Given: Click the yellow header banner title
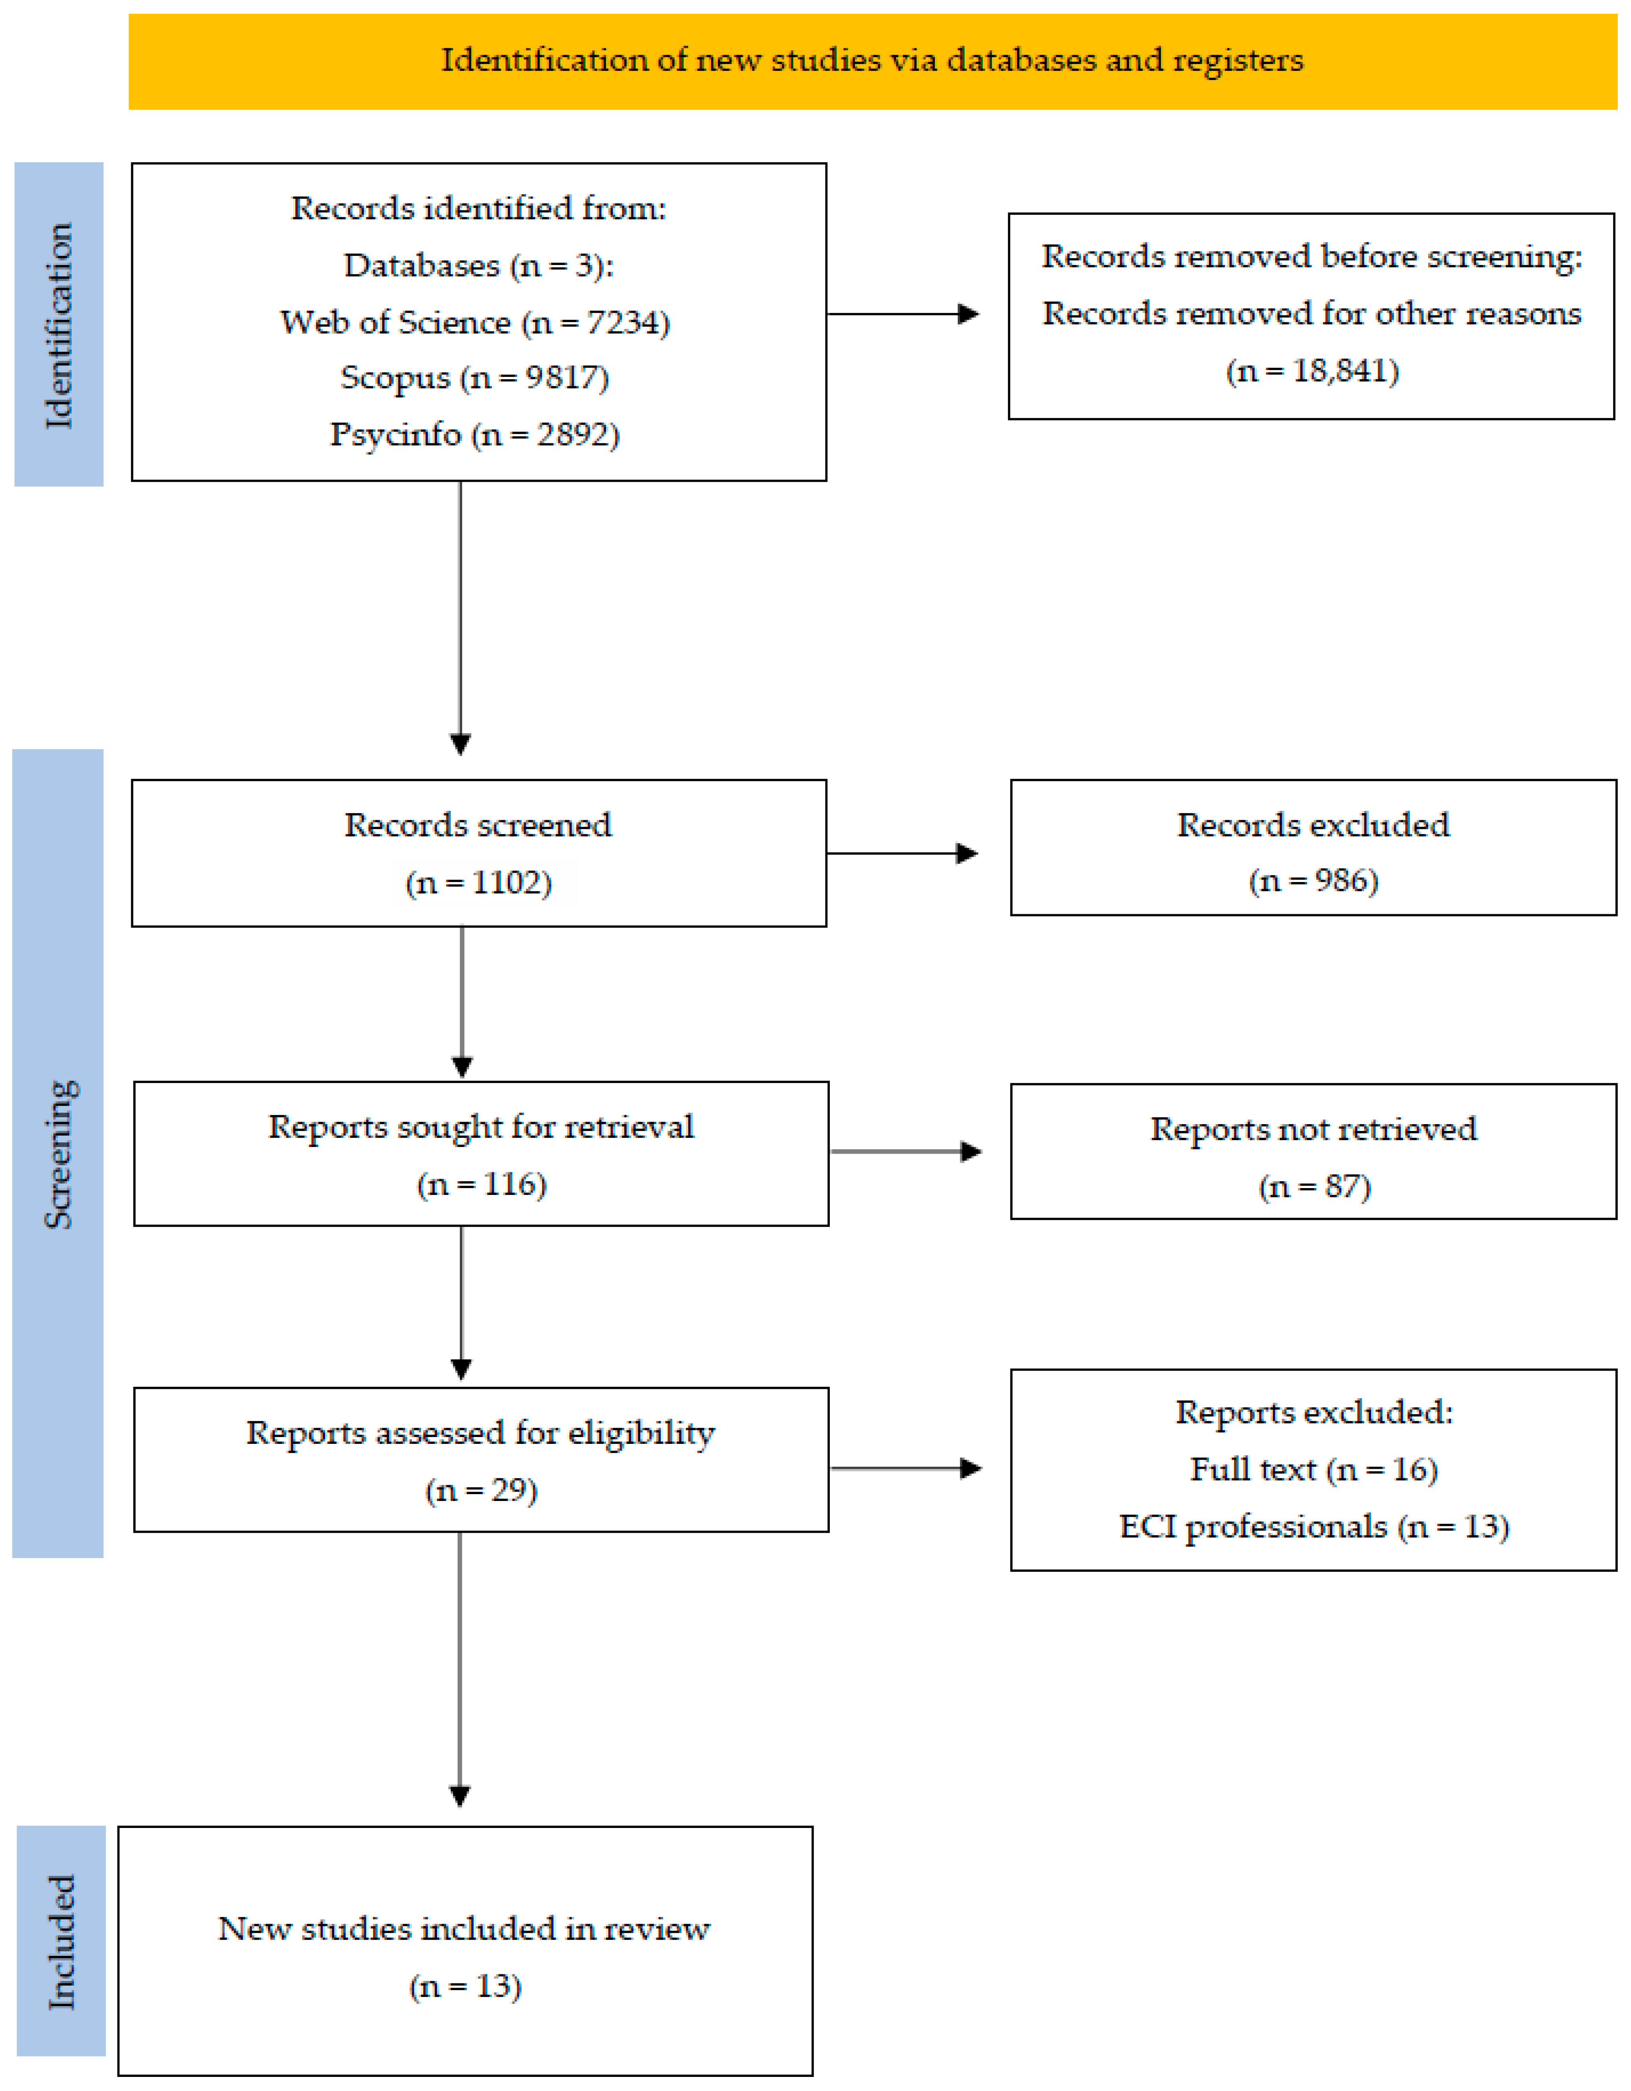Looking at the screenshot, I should tap(872, 60).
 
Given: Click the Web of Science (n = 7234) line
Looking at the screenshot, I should tap(475, 323).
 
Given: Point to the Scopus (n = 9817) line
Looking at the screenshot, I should tap(475, 378).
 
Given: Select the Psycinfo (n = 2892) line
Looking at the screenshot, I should tap(475, 435).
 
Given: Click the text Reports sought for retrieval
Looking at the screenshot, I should tap(481, 1127).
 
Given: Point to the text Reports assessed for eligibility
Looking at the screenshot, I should tap(481, 1433).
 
